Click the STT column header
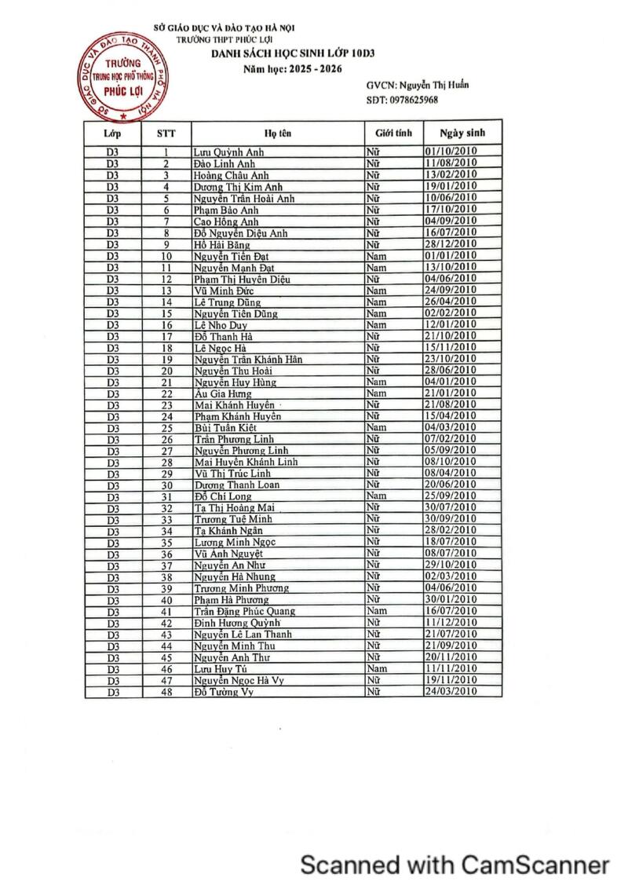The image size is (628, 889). (x=166, y=134)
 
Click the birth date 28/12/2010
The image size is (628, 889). (x=451, y=244)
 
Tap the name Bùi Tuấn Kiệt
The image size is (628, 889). (x=226, y=428)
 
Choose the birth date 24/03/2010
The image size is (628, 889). (x=451, y=692)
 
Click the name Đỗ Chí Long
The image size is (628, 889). (x=223, y=496)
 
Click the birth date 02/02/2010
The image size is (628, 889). (x=451, y=313)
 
